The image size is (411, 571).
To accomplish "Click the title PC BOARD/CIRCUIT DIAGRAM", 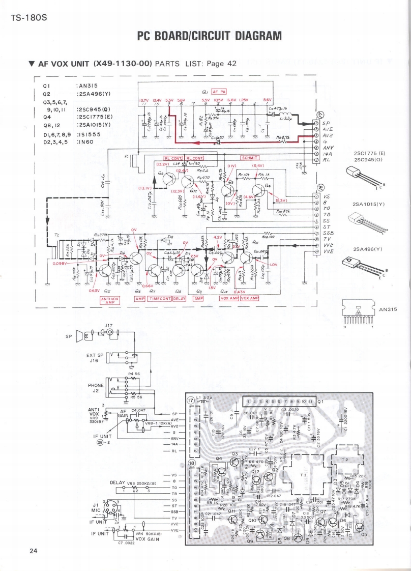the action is [x=209, y=36].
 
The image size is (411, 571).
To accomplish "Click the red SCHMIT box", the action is [x=250, y=158].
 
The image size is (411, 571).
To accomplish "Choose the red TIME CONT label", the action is [x=159, y=298].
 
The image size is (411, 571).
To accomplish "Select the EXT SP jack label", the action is [x=95, y=355].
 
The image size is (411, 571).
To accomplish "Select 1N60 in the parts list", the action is [x=87, y=142].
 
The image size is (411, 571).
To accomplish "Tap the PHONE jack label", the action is [x=96, y=385].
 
